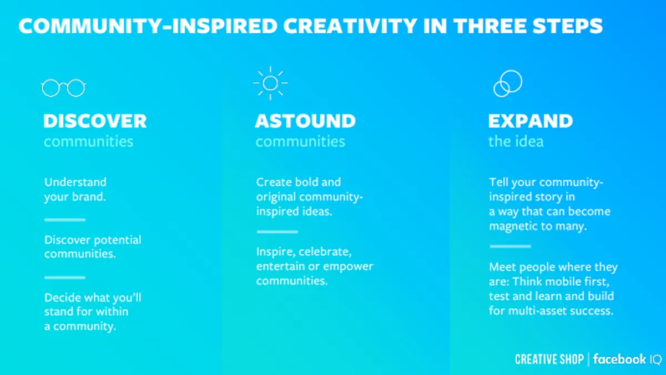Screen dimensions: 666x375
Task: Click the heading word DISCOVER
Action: click(x=95, y=121)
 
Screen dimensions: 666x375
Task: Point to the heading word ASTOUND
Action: click(x=305, y=121)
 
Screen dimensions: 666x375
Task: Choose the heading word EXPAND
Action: click(x=531, y=121)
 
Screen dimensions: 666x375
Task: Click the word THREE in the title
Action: click(x=490, y=26)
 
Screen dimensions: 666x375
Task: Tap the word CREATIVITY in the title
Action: click(x=350, y=26)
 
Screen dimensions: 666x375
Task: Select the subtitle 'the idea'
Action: click(x=516, y=141)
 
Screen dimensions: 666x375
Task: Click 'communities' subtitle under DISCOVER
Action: click(x=89, y=141)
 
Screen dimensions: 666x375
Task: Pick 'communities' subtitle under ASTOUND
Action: click(x=300, y=141)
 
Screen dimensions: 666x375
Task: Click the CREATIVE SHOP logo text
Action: click(x=549, y=359)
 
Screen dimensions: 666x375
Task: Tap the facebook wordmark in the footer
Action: click(x=619, y=359)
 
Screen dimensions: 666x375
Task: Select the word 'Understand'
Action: click(x=75, y=182)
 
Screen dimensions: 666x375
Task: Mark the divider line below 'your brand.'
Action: click(x=65, y=220)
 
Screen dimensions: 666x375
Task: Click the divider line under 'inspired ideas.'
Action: click(x=277, y=232)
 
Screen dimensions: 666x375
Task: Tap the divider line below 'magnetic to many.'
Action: click(x=510, y=247)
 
